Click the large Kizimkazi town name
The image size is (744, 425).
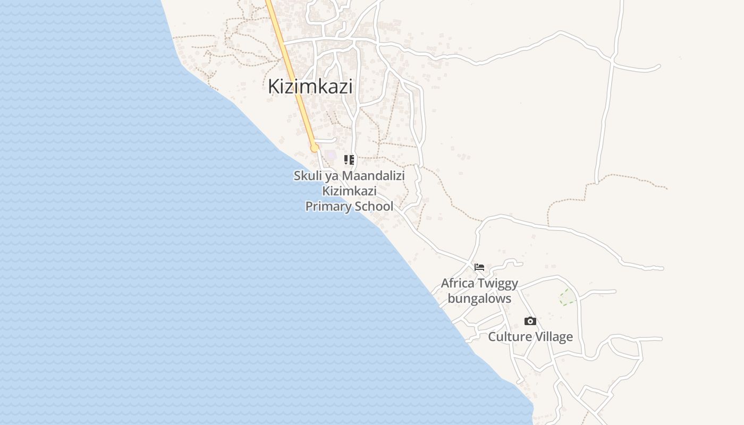point(310,86)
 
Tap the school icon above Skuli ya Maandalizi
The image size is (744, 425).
point(349,159)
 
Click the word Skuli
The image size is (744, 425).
point(308,176)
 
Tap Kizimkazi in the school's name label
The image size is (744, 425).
point(349,191)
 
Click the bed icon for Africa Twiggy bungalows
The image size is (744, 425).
point(479,267)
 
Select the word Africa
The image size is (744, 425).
point(458,283)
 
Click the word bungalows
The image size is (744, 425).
point(479,299)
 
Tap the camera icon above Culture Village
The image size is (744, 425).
point(530,321)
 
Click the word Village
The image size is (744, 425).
point(554,337)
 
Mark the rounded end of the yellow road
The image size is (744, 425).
point(315,147)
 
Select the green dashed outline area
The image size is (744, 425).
point(567,297)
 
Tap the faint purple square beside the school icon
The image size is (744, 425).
point(332,155)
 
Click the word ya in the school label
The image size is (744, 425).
point(333,176)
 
